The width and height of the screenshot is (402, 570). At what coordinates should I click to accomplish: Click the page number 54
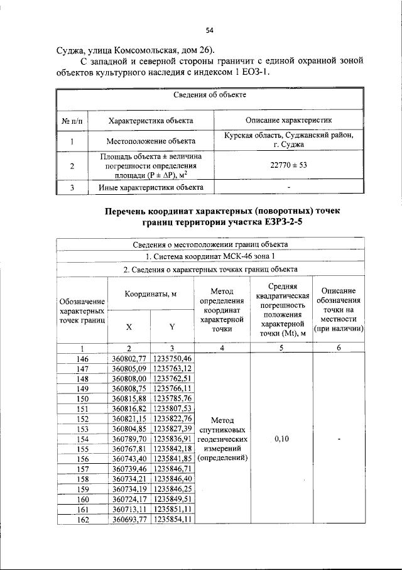[210, 30]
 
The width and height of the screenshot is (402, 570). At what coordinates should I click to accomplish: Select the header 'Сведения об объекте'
[210, 95]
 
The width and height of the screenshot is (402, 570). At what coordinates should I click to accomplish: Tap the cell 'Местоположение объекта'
[151, 141]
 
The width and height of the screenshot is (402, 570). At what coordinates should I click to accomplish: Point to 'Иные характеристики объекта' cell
[151, 187]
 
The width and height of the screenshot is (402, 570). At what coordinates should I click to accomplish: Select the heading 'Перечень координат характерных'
[225, 211]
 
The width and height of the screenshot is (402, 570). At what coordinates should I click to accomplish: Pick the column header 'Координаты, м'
[150, 294]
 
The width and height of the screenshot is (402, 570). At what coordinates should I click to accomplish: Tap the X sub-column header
[129, 327]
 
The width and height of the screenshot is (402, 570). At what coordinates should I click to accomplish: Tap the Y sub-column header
[171, 327]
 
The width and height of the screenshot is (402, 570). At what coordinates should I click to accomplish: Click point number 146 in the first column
[82, 358]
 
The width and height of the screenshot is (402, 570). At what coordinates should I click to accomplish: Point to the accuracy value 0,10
[281, 439]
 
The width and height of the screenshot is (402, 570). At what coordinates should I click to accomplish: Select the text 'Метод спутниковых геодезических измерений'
[222, 439]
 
